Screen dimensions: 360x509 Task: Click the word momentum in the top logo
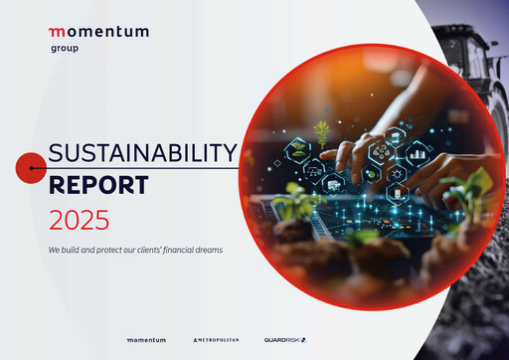pos(98,32)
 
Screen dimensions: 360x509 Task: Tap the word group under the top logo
pos(65,48)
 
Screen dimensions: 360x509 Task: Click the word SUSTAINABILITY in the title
pos(143,153)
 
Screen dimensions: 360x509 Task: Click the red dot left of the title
pos(30,169)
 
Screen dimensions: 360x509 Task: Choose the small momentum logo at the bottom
pos(146,340)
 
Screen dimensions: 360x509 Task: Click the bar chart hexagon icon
pos(417,155)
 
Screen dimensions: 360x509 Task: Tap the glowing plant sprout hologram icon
pos(321,131)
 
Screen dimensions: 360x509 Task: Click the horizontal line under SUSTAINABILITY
pos(139,169)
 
